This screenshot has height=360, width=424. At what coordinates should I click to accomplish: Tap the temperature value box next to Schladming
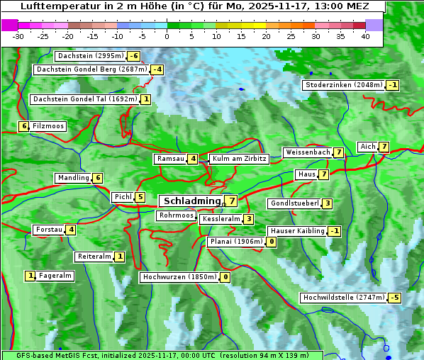coord(232,201)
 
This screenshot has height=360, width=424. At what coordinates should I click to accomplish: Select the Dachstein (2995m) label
coord(90,56)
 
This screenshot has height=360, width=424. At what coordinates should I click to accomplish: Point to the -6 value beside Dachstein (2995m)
coord(133,56)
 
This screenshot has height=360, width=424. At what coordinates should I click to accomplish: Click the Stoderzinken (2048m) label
coord(343,85)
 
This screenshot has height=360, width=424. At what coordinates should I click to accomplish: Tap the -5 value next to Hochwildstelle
coord(394,298)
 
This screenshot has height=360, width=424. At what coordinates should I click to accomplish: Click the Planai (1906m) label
coord(236,242)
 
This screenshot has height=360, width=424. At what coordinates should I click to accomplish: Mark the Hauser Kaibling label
coord(297,231)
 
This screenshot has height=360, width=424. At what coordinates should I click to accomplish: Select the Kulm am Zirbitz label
coord(239,159)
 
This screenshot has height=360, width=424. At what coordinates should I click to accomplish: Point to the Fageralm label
coord(55,276)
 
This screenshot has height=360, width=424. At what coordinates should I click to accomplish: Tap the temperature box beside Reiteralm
coord(120,257)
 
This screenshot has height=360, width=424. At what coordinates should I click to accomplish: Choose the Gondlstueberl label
coord(294,204)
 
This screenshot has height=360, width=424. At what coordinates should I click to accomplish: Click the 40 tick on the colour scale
coord(365,35)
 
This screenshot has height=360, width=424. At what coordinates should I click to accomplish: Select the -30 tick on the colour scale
coord(18,35)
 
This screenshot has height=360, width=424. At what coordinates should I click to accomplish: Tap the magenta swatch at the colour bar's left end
coord(9,25)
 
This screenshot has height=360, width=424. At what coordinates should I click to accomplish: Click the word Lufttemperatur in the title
coord(54,6)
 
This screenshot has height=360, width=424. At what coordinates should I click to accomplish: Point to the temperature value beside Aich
coord(384,147)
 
